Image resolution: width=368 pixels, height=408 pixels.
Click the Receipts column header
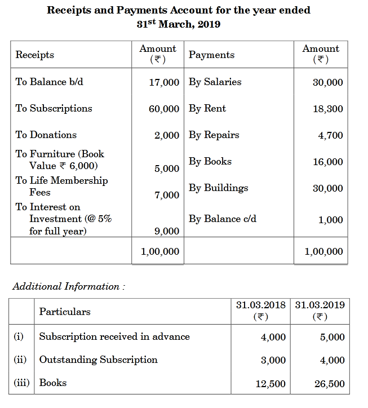(x=35, y=55)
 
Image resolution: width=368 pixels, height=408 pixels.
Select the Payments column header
(x=211, y=55)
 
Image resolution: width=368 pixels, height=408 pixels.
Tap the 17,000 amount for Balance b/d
(x=164, y=82)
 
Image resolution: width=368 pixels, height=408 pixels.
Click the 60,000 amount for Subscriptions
(x=164, y=109)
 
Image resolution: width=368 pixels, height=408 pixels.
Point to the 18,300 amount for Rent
(x=327, y=109)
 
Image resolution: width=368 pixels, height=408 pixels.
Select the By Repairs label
(x=214, y=135)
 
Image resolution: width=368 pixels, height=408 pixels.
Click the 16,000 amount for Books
(x=327, y=162)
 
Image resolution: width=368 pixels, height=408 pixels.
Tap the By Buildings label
(x=218, y=188)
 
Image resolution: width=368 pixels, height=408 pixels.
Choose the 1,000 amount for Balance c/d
(x=330, y=220)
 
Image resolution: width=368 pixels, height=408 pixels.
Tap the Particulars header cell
(x=65, y=312)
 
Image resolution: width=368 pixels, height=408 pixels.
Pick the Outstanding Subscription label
(x=98, y=360)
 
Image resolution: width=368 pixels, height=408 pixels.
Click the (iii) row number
(x=22, y=383)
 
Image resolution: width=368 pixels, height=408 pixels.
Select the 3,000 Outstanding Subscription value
(x=273, y=361)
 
